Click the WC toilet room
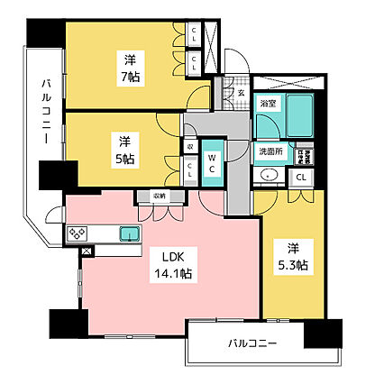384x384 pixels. tap(209, 164)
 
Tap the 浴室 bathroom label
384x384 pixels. tap(267, 105)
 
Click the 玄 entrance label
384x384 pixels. tap(241, 92)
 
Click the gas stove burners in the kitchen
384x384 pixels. tap(78, 234)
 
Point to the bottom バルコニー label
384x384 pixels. tap(251, 343)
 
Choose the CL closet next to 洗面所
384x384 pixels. tap(300, 177)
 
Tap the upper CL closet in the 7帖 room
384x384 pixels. tap(195, 37)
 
